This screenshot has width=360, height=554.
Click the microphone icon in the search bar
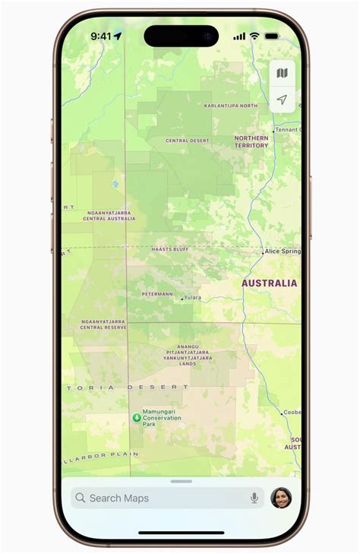254,499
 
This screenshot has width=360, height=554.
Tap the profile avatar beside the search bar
281,498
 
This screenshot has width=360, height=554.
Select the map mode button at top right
282,74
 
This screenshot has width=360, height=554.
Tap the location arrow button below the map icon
282,100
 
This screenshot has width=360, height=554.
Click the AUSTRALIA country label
269,283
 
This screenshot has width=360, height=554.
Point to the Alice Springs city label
283,251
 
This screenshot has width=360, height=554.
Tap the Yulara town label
192,298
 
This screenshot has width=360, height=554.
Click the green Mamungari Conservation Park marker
137,417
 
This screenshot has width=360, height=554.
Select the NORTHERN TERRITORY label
251,141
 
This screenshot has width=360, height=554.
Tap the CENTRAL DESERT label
187,141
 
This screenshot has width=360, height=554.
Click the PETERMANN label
159,294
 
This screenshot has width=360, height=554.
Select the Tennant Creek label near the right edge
288,130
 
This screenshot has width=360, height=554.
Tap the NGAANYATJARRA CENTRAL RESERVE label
103,324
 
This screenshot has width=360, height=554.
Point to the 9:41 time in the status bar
101,36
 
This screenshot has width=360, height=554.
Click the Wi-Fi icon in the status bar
254,36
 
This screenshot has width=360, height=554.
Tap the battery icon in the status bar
271,36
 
